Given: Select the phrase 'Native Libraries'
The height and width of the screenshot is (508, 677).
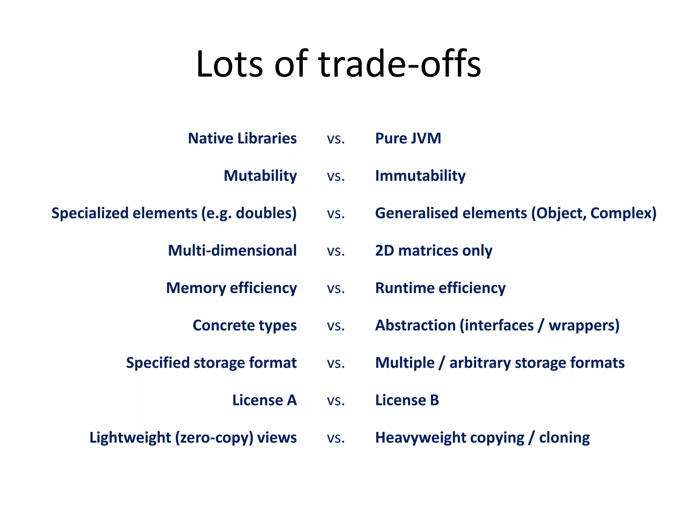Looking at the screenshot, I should pyautogui.click(x=242, y=138).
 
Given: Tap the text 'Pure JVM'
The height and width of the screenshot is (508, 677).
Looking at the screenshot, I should pyautogui.click(x=408, y=138).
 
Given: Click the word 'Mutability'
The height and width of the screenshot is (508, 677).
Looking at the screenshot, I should pyautogui.click(x=260, y=176).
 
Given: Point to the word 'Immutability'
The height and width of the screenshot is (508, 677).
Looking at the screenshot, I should pyautogui.click(x=420, y=176).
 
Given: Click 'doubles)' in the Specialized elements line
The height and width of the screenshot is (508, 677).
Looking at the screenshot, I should pyautogui.click(x=266, y=213).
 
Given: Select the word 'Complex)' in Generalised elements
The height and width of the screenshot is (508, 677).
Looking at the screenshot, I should pyautogui.click(x=623, y=213).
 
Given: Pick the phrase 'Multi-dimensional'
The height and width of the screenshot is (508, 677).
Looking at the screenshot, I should pyautogui.click(x=232, y=250).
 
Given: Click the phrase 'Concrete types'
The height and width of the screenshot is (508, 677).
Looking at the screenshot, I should pyautogui.click(x=245, y=325).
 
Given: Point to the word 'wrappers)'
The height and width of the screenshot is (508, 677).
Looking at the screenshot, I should pyautogui.click(x=584, y=325).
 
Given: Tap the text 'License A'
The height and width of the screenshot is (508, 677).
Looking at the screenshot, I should pyautogui.click(x=264, y=400).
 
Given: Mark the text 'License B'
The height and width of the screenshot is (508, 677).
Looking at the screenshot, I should pyautogui.click(x=407, y=400).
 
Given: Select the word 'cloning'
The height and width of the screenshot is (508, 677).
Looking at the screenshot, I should pyautogui.click(x=564, y=438).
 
